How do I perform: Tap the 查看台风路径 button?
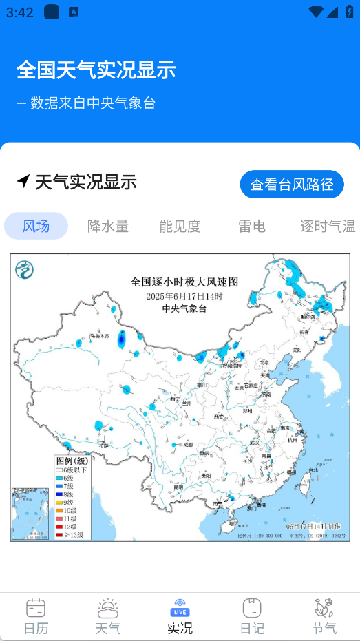[292, 185]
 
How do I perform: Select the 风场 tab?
[36, 226]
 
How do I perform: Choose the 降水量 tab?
[108, 226]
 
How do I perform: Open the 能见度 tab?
[180, 226]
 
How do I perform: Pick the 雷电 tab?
[251, 226]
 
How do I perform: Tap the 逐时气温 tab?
[328, 226]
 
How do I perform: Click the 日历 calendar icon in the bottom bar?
[36, 609]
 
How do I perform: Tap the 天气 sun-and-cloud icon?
[108, 609]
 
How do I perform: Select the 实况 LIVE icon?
[180, 609]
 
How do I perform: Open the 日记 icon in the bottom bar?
[252, 609]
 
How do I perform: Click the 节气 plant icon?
[324, 609]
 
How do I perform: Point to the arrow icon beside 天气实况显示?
[23, 182]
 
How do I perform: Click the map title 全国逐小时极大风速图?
[184, 282]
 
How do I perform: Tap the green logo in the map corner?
[25, 269]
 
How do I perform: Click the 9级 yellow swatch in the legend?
[59, 503]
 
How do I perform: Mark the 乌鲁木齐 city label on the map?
[98, 336]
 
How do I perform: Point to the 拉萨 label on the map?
[103, 445]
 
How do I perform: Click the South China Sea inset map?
[25, 514]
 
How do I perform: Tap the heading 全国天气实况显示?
[96, 70]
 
